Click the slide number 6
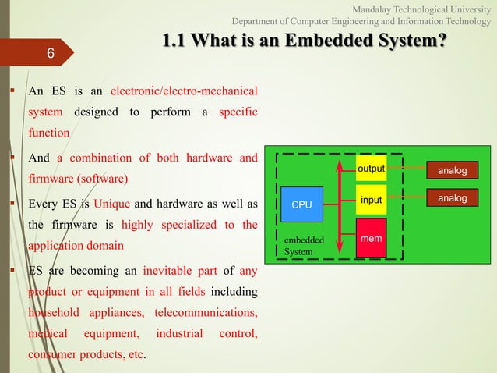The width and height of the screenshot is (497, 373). click(50, 54)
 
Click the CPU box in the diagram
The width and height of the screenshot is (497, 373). click(301, 204)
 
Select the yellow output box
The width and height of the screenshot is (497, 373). click(372, 169)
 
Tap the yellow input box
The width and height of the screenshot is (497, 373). click(372, 200)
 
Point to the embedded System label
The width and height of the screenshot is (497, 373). click(298, 247)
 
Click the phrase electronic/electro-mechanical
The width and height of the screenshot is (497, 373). click(185, 91)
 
